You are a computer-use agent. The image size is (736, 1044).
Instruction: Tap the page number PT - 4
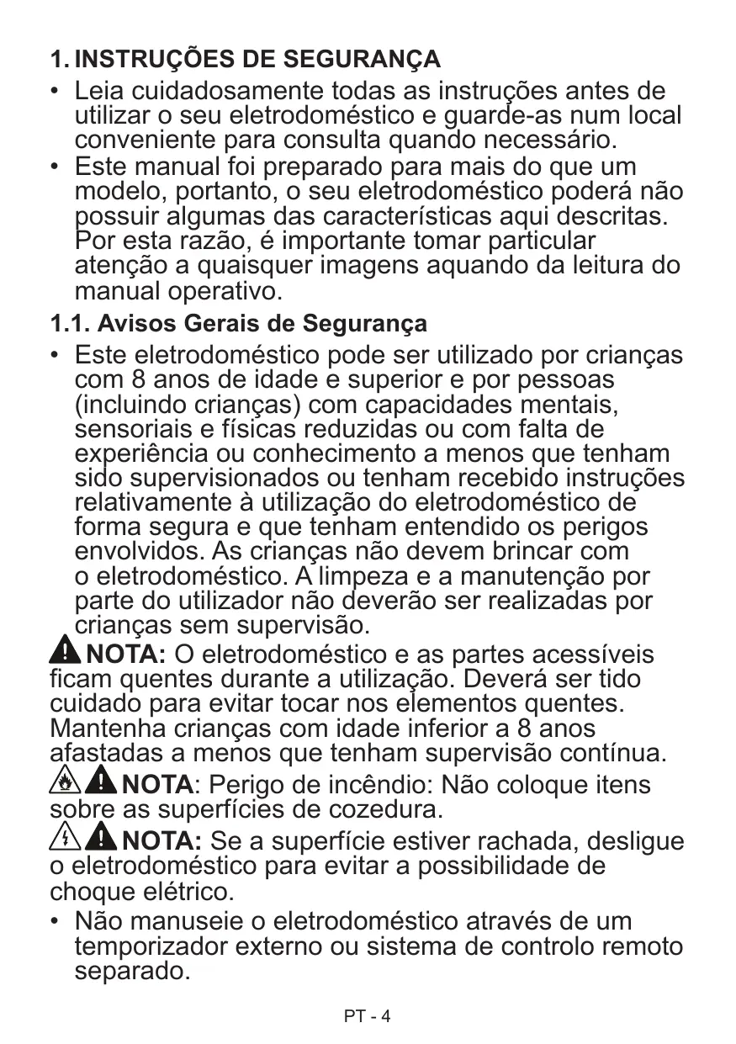368,1016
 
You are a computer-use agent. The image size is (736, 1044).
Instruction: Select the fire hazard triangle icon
66,784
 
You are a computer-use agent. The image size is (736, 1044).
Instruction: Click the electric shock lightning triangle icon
66,839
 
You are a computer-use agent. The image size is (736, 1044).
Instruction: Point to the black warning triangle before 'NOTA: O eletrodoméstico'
67,651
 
